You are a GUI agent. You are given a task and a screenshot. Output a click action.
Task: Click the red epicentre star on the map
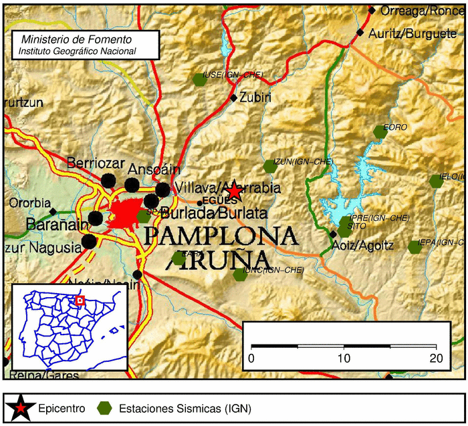coord(234,192)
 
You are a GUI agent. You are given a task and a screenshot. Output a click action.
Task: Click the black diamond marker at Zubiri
coord(233,97)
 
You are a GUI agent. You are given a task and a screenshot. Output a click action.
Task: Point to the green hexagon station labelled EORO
coord(380,132)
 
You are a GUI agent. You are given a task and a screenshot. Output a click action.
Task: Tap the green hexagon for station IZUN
coord(269,166)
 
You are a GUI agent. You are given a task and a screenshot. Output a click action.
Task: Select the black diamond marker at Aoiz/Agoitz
coord(333,234)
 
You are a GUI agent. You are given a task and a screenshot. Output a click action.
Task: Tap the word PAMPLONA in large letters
coord(220,236)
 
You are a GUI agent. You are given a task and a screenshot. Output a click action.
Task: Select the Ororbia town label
coord(30,203)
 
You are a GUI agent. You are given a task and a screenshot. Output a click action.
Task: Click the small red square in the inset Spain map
coord(80,300)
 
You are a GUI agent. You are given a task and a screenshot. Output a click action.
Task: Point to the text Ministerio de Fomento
coord(77,40)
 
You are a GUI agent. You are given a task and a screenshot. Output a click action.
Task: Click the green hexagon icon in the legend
coord(105,407)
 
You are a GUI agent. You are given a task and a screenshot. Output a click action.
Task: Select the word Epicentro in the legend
coord(62,407)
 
